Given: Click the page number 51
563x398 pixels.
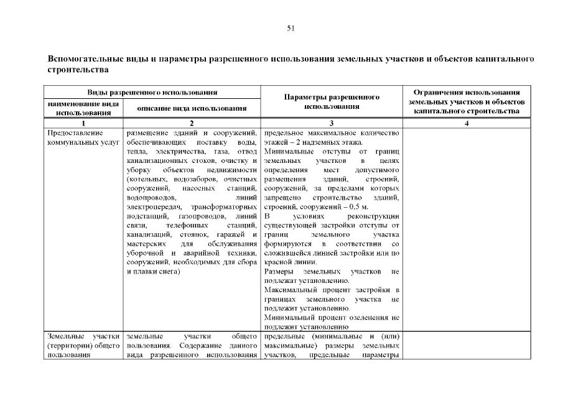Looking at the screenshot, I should tap(291, 28).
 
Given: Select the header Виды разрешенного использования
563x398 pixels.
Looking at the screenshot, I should tap(152, 92).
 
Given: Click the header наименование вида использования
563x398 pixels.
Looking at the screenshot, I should tap(83, 108).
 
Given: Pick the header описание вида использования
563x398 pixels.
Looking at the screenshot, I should tap(192, 109).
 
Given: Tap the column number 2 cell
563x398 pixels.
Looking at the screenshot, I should tap(192, 123).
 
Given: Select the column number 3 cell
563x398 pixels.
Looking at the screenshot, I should tap(332, 123).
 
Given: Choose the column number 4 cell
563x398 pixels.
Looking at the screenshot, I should tap(467, 123).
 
